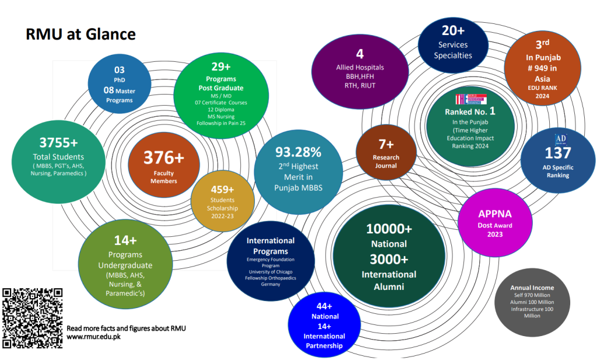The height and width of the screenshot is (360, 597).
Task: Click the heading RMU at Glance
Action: click(80, 34)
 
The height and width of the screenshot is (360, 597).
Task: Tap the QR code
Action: click(33, 319)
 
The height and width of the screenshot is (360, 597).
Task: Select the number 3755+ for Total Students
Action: click(58, 143)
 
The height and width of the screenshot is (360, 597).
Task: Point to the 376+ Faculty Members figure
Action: click(164, 158)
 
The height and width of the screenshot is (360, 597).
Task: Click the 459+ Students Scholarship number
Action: click(222, 190)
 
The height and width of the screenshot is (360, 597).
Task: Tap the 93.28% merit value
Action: click(298, 153)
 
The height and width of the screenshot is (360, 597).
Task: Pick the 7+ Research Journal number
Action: click(386, 144)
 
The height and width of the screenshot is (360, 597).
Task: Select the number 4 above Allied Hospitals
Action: click(360, 54)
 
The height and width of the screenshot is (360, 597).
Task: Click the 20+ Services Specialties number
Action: click(452, 31)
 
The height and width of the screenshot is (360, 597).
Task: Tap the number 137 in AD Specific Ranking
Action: click(558, 153)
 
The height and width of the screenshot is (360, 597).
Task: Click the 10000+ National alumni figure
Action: click(389, 229)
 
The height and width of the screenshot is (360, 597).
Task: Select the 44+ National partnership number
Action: click(325, 306)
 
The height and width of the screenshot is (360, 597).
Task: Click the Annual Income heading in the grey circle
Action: click(532, 288)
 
